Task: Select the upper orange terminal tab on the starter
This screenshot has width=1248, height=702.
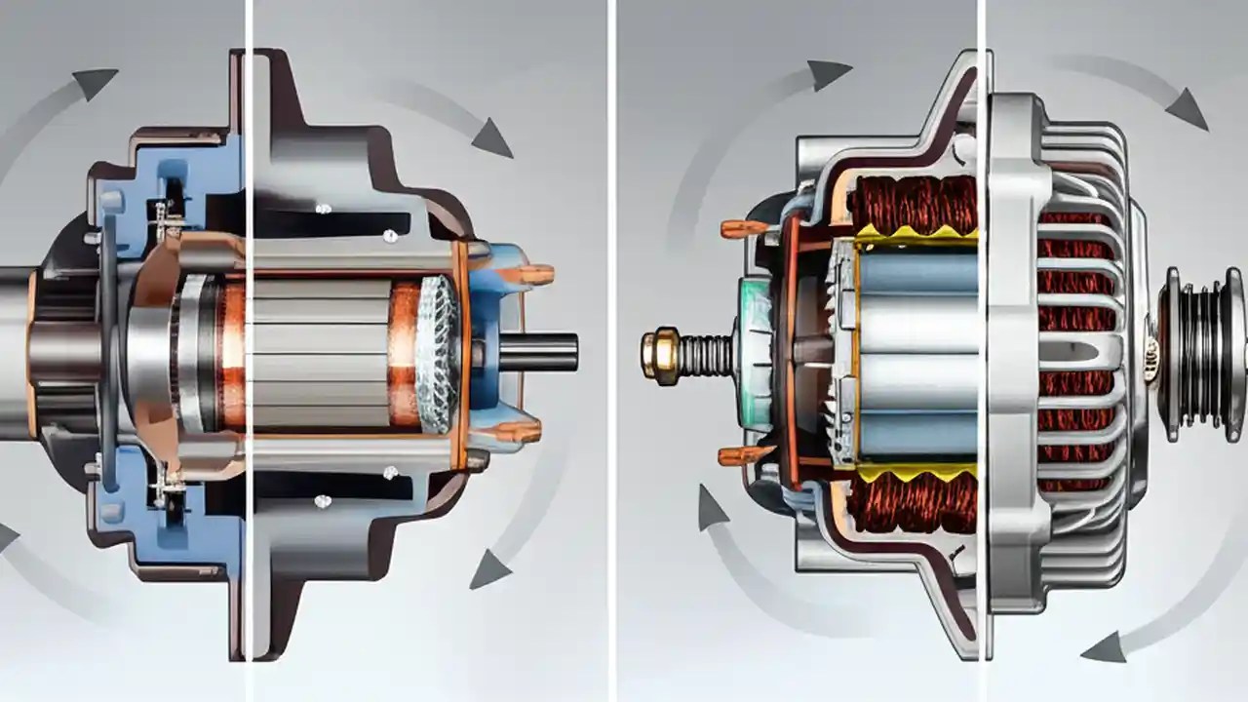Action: click(535, 274)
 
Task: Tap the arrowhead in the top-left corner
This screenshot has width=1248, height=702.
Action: click(96, 84)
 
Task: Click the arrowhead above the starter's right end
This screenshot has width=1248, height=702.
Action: click(491, 138)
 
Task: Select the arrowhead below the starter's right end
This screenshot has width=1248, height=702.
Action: click(489, 569)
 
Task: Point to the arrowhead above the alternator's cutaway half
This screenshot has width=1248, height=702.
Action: click(829, 74)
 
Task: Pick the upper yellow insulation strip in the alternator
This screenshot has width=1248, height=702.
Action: click(916, 235)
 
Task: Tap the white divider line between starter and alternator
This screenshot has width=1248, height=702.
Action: click(611, 351)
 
